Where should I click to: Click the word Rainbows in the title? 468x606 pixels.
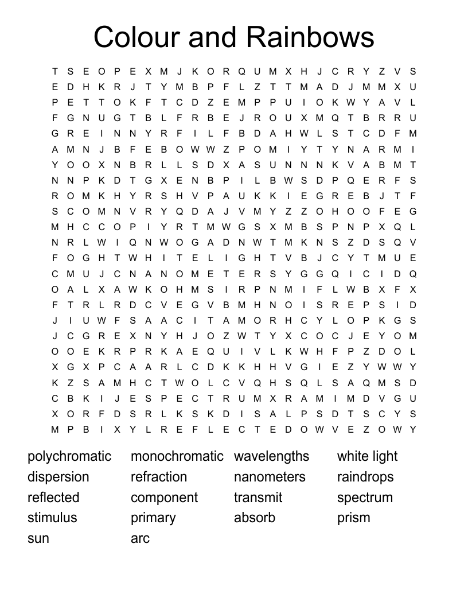(x=311, y=37)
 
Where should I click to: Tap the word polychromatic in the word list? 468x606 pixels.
(x=69, y=457)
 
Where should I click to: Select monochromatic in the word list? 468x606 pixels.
(x=177, y=457)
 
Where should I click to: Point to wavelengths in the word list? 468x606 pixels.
(x=271, y=457)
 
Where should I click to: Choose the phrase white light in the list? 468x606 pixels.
(x=367, y=457)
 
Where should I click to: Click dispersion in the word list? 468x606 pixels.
(x=58, y=477)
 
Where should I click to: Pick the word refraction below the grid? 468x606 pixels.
(x=159, y=477)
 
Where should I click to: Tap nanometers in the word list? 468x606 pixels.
(x=270, y=477)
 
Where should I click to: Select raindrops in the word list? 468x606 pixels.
(x=365, y=477)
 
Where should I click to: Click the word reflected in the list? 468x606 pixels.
(x=53, y=498)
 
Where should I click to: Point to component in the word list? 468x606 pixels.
(x=164, y=498)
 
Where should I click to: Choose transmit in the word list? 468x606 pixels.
(x=258, y=498)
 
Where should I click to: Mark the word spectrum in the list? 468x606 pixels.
(x=365, y=498)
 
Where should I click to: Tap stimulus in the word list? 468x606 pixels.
(x=52, y=518)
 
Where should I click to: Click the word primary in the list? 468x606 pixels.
(x=153, y=518)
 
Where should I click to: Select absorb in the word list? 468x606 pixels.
(x=255, y=518)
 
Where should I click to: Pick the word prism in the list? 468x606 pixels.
(x=353, y=518)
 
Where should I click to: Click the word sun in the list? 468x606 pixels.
(x=38, y=538)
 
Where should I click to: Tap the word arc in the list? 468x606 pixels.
(x=140, y=538)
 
